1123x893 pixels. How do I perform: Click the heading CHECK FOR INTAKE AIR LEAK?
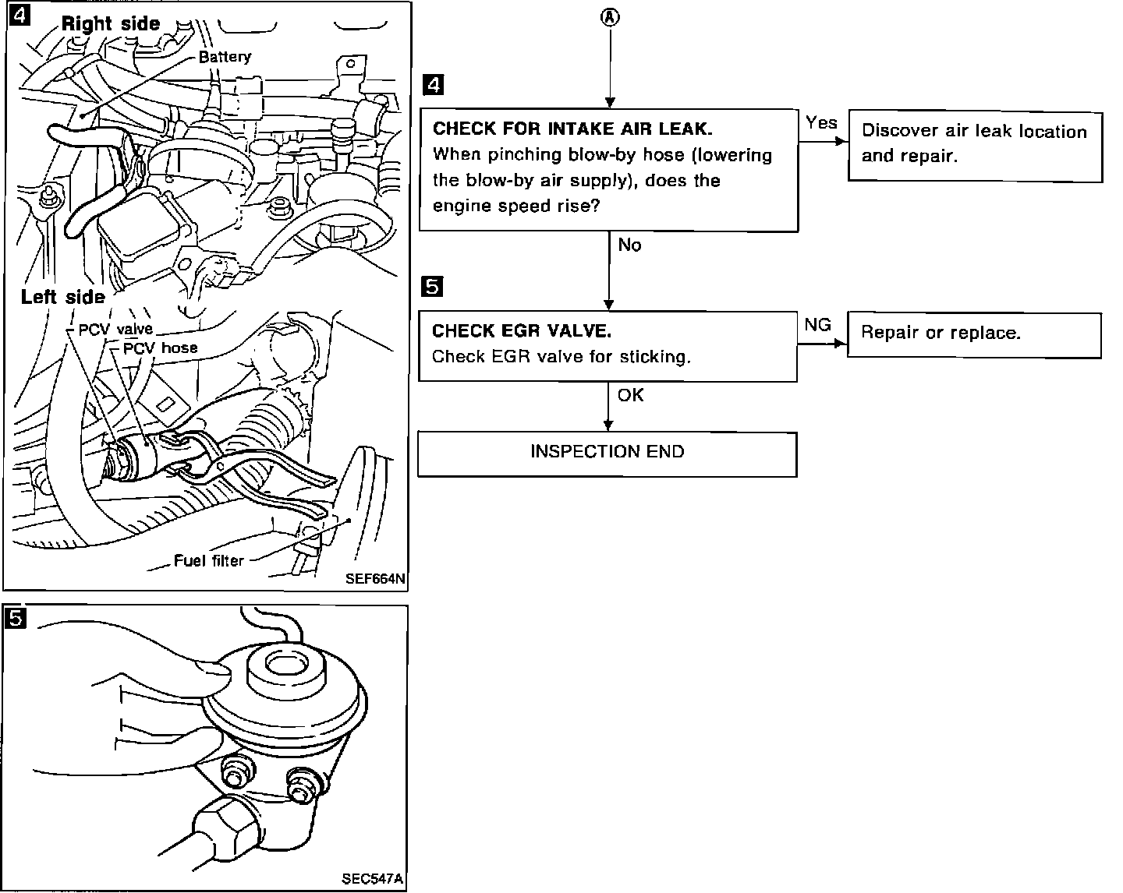[572, 129]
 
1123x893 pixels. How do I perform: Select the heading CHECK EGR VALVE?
[522, 331]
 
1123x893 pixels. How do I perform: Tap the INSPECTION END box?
[607, 453]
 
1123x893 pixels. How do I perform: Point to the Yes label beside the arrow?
[821, 122]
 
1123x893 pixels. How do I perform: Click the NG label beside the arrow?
[817, 325]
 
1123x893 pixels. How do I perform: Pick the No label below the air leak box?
[629, 245]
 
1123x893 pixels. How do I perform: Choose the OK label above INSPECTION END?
[630, 396]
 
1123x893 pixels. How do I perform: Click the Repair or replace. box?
[973, 334]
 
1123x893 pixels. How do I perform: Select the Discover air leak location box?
[975, 145]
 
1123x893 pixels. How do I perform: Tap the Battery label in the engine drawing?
[225, 57]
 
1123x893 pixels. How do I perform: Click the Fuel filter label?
[208, 560]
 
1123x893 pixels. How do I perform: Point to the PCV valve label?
[115, 330]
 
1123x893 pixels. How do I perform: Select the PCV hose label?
[160, 348]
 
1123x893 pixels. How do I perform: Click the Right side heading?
[110, 23]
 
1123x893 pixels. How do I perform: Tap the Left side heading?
[62, 297]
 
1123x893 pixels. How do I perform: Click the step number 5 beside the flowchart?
[431, 287]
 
